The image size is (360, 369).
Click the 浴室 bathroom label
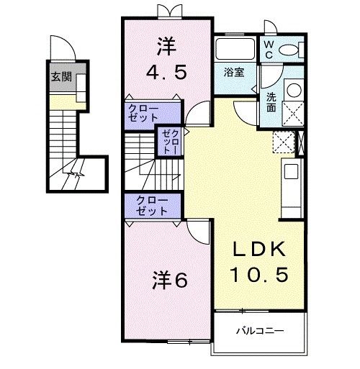233,73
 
